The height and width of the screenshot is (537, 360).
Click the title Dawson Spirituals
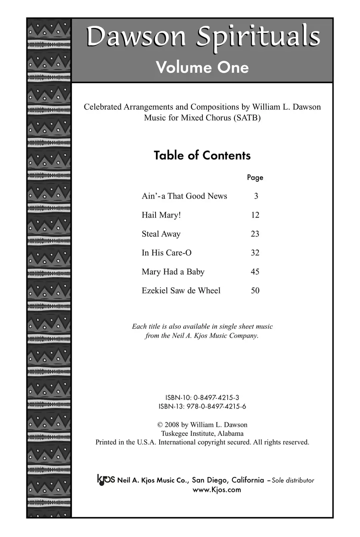(203, 37)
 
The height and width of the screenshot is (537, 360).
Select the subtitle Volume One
(202, 67)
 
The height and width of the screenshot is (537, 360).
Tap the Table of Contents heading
(202, 155)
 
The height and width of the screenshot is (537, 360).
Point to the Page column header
(255, 177)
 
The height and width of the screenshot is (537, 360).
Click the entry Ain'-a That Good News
(184, 196)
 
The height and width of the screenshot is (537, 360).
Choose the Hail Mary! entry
(161, 215)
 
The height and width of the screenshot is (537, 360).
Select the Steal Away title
(161, 234)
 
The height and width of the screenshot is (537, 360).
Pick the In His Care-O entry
(166, 252)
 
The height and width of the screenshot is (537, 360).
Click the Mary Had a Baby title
(173, 272)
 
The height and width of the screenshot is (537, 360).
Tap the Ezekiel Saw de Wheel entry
(181, 291)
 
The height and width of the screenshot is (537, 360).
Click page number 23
(255, 234)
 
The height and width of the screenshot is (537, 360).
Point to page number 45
(255, 272)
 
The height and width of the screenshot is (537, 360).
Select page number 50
(255, 291)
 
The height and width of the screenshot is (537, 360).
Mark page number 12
(255, 215)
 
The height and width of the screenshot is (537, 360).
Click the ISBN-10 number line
(202, 398)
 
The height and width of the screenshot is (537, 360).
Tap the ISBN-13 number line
(202, 407)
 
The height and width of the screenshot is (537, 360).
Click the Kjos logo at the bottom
(106, 479)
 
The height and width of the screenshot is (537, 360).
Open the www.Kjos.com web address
(217, 490)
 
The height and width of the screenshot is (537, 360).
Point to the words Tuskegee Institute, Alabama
(202, 433)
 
